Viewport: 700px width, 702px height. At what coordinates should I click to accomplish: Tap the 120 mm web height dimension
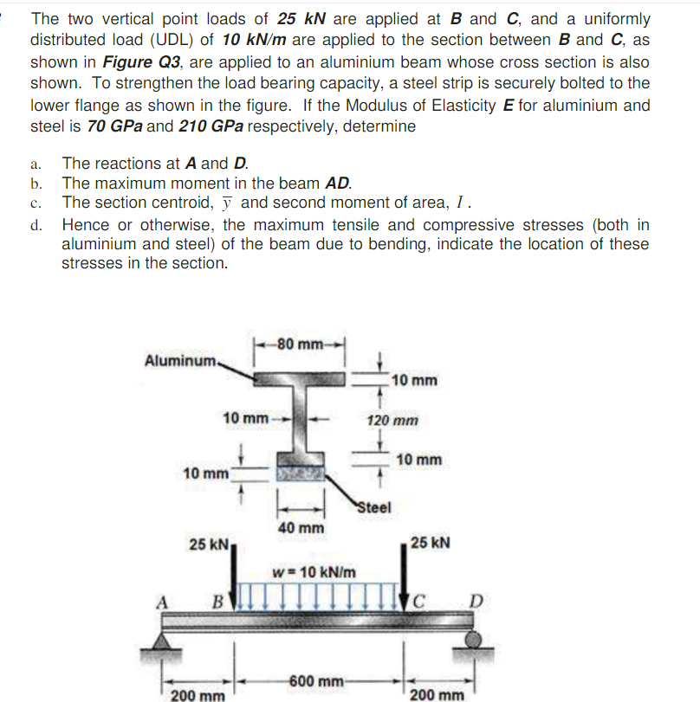392,421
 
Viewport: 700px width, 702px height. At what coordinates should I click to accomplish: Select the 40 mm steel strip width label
301,526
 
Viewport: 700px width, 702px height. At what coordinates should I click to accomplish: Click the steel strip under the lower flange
300,474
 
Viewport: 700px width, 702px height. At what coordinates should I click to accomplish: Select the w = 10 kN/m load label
314,572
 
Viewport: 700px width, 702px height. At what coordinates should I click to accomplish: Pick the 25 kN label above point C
431,543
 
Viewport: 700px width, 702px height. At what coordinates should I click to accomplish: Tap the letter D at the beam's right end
477,600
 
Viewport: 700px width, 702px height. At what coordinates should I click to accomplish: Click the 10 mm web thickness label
245,418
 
